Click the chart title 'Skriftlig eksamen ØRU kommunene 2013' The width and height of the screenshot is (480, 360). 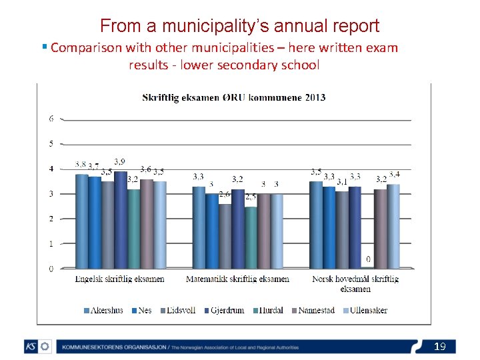pos(234,97)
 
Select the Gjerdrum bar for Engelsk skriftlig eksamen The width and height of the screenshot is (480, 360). pos(120,219)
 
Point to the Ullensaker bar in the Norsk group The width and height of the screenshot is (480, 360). pos(393,226)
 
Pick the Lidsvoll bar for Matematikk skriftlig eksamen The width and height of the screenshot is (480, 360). pos(225,236)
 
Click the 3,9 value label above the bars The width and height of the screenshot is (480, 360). pos(121,161)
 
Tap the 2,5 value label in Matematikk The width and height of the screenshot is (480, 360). pos(251,197)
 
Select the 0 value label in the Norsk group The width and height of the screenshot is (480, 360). pos(367,258)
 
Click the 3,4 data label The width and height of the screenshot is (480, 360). pos(395,174)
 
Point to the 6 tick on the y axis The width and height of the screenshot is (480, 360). pos(51,119)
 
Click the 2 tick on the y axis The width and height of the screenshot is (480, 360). pos(51,219)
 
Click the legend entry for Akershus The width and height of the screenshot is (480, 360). pos(103,310)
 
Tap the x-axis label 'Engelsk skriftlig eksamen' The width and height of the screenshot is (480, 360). pos(120,279)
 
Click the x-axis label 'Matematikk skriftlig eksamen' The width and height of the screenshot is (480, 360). pos(238,279)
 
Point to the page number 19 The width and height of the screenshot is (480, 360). pos(439,346)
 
